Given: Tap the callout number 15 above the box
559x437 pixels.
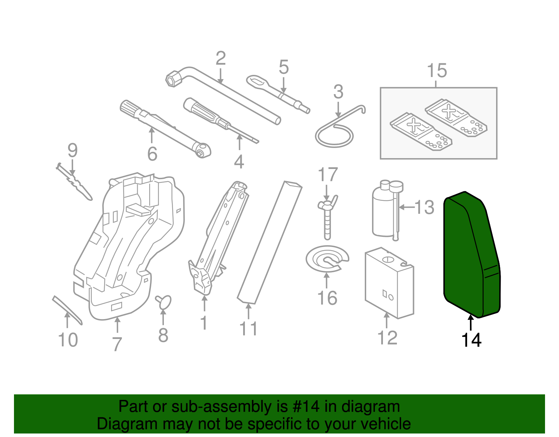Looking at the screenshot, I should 437,71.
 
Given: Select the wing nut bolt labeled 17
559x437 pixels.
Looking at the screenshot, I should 327,217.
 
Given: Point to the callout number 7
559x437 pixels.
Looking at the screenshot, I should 117,344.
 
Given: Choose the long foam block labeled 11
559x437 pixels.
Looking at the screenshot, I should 269,241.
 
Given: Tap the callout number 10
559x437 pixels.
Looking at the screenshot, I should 68,340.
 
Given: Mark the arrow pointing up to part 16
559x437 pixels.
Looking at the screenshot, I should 327,280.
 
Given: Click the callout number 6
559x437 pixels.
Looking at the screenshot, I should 152,154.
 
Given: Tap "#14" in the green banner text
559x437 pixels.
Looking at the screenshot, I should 305,407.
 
